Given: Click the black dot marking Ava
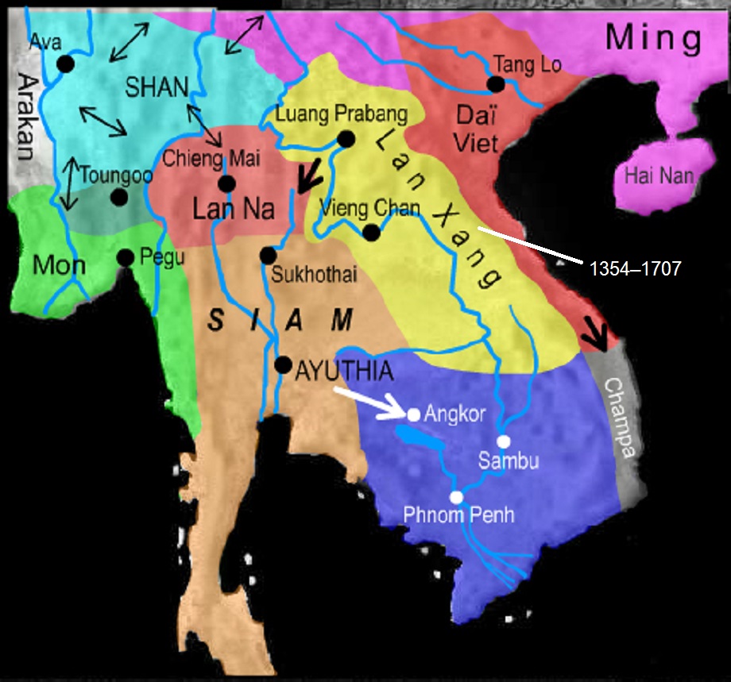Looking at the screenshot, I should click(x=65, y=64).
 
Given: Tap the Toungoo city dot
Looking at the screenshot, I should click(x=118, y=197).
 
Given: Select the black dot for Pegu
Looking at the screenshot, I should click(x=125, y=257).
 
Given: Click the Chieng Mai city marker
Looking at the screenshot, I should click(x=226, y=183).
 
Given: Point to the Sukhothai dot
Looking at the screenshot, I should click(x=268, y=256).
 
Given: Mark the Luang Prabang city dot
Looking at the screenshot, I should click(x=346, y=139).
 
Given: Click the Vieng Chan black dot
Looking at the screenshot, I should click(x=370, y=232).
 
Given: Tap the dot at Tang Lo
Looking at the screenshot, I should click(x=496, y=83).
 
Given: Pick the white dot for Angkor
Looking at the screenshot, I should click(x=413, y=414).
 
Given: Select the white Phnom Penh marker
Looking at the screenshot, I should click(x=456, y=497).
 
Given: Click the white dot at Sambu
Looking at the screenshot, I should click(x=503, y=441).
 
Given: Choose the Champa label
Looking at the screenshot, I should click(x=622, y=418).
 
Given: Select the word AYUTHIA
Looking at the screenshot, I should click(x=344, y=370).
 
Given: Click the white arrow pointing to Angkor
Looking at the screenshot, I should click(x=369, y=403).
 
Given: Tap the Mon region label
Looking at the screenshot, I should click(x=59, y=264).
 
